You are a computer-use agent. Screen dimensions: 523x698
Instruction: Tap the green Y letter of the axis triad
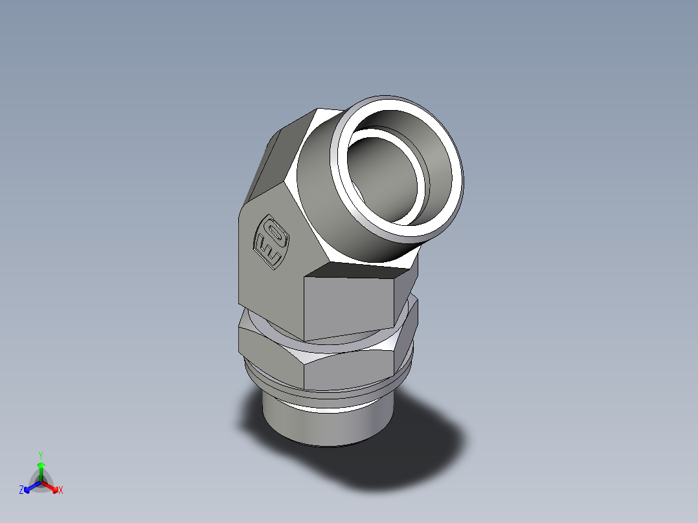40,454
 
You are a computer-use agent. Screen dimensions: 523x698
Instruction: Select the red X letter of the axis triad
61,491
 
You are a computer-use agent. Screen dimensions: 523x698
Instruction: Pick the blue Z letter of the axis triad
21,491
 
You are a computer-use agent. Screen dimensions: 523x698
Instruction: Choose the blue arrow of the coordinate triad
30,486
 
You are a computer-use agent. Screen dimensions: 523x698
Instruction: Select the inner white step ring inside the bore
420,194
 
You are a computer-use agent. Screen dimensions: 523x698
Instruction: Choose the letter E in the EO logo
266,250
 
